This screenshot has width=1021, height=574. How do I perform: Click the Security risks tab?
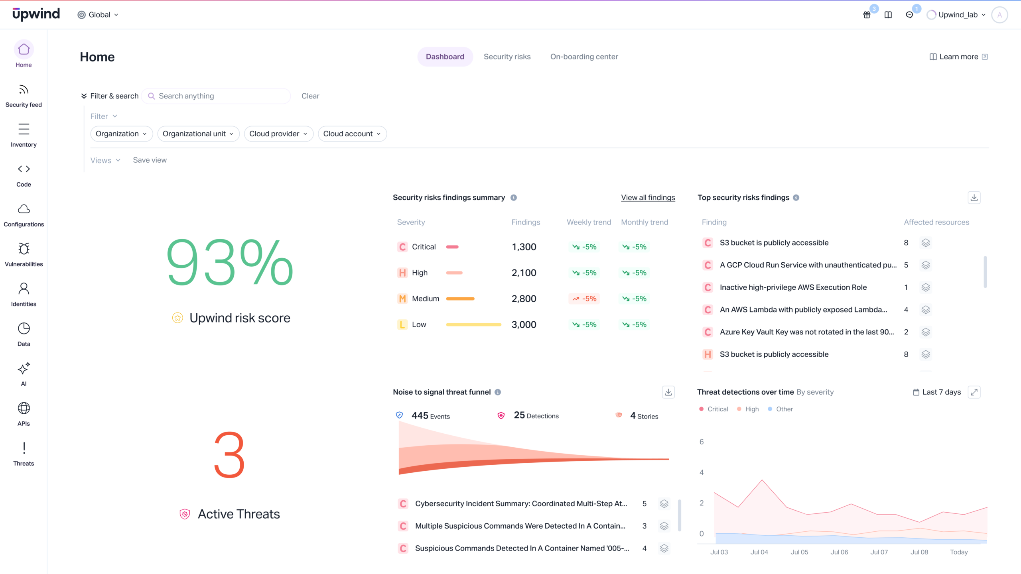click(507, 57)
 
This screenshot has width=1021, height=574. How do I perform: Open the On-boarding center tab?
click(584, 57)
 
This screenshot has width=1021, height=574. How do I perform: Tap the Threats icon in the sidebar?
click(24, 448)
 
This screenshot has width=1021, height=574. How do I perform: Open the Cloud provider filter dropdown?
click(278, 134)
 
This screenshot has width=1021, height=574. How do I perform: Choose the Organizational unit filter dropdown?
click(198, 134)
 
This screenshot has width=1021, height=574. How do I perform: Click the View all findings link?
click(648, 198)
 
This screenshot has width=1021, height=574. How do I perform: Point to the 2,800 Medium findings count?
click(524, 299)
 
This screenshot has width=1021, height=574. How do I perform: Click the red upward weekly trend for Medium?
click(584, 299)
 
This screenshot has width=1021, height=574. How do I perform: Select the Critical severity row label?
click(424, 247)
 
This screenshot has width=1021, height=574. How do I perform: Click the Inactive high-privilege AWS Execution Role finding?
click(793, 287)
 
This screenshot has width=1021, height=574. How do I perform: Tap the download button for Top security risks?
click(974, 198)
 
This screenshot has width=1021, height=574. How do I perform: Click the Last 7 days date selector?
click(937, 392)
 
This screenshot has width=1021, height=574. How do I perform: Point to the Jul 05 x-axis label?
click(799, 552)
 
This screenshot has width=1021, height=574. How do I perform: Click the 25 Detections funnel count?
click(536, 416)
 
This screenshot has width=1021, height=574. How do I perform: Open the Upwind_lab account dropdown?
click(957, 15)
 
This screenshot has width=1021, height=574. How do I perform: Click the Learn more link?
click(958, 57)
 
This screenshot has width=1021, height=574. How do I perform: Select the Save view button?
click(150, 160)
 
